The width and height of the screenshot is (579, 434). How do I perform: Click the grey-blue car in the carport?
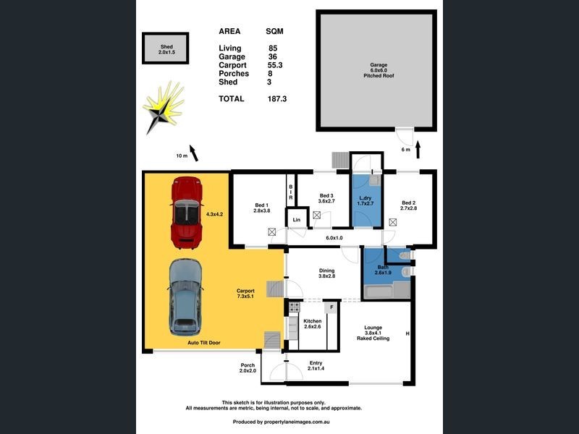(x=185, y=297)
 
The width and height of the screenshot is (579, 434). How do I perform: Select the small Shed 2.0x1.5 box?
(x=166, y=48)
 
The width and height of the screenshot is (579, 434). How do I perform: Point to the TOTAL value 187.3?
(x=277, y=98)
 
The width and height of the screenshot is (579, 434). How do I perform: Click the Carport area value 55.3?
(x=275, y=65)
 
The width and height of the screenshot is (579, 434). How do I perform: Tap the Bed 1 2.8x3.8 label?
(x=261, y=207)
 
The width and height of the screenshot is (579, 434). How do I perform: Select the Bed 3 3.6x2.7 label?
(x=326, y=200)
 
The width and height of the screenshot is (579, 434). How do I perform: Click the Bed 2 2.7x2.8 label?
(x=408, y=206)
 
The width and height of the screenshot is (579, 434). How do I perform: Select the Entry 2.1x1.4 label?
(x=315, y=366)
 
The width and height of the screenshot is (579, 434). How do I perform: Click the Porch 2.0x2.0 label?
(x=248, y=368)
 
